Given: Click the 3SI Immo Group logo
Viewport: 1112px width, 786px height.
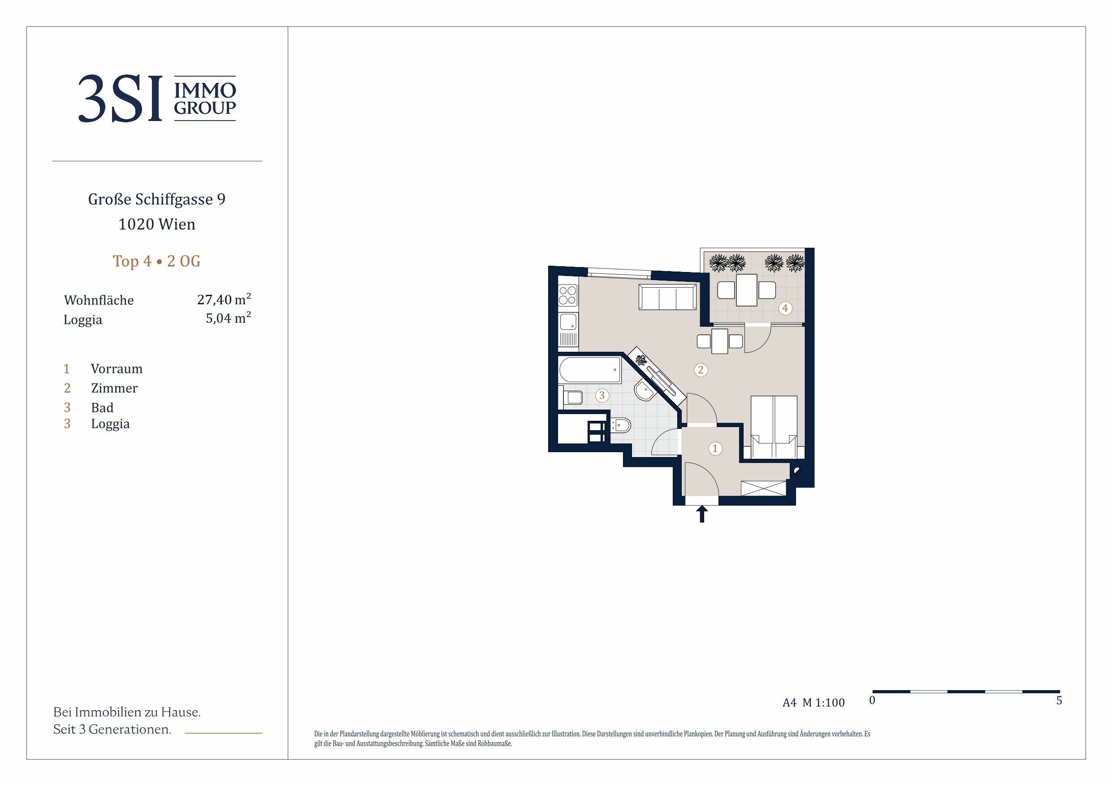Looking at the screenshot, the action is (157, 98).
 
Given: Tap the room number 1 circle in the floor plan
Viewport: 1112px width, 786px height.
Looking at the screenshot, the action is (715, 449).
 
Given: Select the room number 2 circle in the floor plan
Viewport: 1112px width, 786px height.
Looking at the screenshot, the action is (701, 370).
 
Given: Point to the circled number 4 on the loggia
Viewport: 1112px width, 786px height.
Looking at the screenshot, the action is (785, 307).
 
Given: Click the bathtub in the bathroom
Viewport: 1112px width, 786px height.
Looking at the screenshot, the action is (589, 371).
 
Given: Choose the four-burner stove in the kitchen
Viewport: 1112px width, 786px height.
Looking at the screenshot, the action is (567, 295).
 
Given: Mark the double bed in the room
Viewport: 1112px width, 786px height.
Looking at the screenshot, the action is (774, 427).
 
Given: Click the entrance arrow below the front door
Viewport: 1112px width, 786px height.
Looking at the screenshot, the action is (702, 514).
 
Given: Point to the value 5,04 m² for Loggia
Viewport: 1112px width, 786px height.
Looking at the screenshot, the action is (228, 318).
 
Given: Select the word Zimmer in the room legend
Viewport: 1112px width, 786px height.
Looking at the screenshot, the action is (114, 388).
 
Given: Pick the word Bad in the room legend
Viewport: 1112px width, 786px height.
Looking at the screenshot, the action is (102, 407).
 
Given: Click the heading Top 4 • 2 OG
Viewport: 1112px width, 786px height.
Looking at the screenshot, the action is (156, 261).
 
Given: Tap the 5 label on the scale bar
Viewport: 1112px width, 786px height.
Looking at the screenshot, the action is (1059, 700).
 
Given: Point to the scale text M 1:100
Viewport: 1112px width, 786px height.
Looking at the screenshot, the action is (823, 703).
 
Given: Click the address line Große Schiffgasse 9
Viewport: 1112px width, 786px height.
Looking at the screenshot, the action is (157, 199).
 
